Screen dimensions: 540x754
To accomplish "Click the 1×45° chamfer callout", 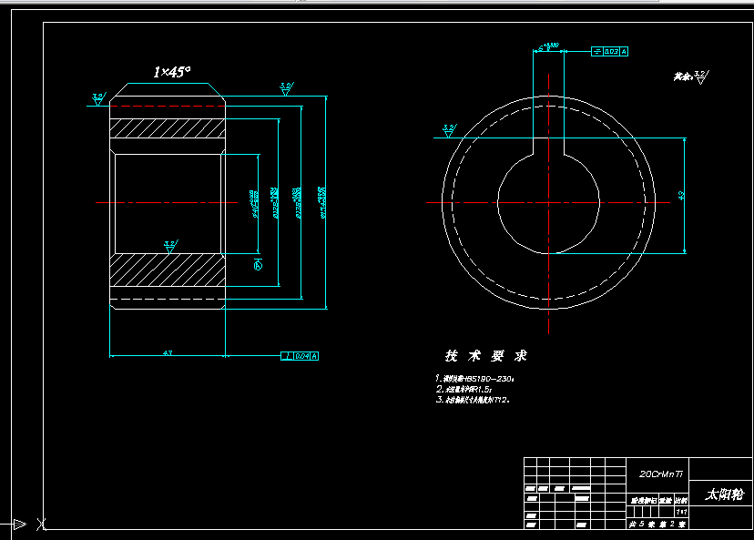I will (x=172, y=72).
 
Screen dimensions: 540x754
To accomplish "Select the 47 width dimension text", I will (x=168, y=352).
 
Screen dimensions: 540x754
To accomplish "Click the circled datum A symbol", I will (x=257, y=265).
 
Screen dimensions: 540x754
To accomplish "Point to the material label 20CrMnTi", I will (x=660, y=474).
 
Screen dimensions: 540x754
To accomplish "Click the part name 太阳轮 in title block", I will (x=724, y=494).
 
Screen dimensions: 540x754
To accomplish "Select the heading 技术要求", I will (x=485, y=356).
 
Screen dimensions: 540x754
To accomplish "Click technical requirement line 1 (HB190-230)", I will (x=474, y=378).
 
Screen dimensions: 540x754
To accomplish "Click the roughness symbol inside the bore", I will (x=169, y=246).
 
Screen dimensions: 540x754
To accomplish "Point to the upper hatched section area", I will (x=167, y=130).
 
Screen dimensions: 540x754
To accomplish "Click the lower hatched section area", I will (x=167, y=270).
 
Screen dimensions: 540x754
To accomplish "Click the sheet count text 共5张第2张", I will (x=658, y=524).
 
